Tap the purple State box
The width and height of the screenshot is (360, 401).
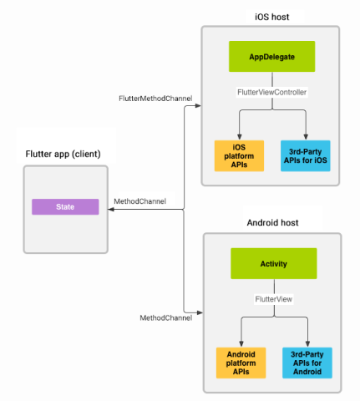coord(65,206)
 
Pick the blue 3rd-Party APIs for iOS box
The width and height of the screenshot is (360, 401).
coord(305,155)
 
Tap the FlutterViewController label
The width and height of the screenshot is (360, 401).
coord(273,92)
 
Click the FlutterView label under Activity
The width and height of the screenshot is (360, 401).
coord(273,297)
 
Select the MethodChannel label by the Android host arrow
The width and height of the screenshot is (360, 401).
coord(165,317)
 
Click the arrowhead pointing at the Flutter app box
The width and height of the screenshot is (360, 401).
coord(112,210)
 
